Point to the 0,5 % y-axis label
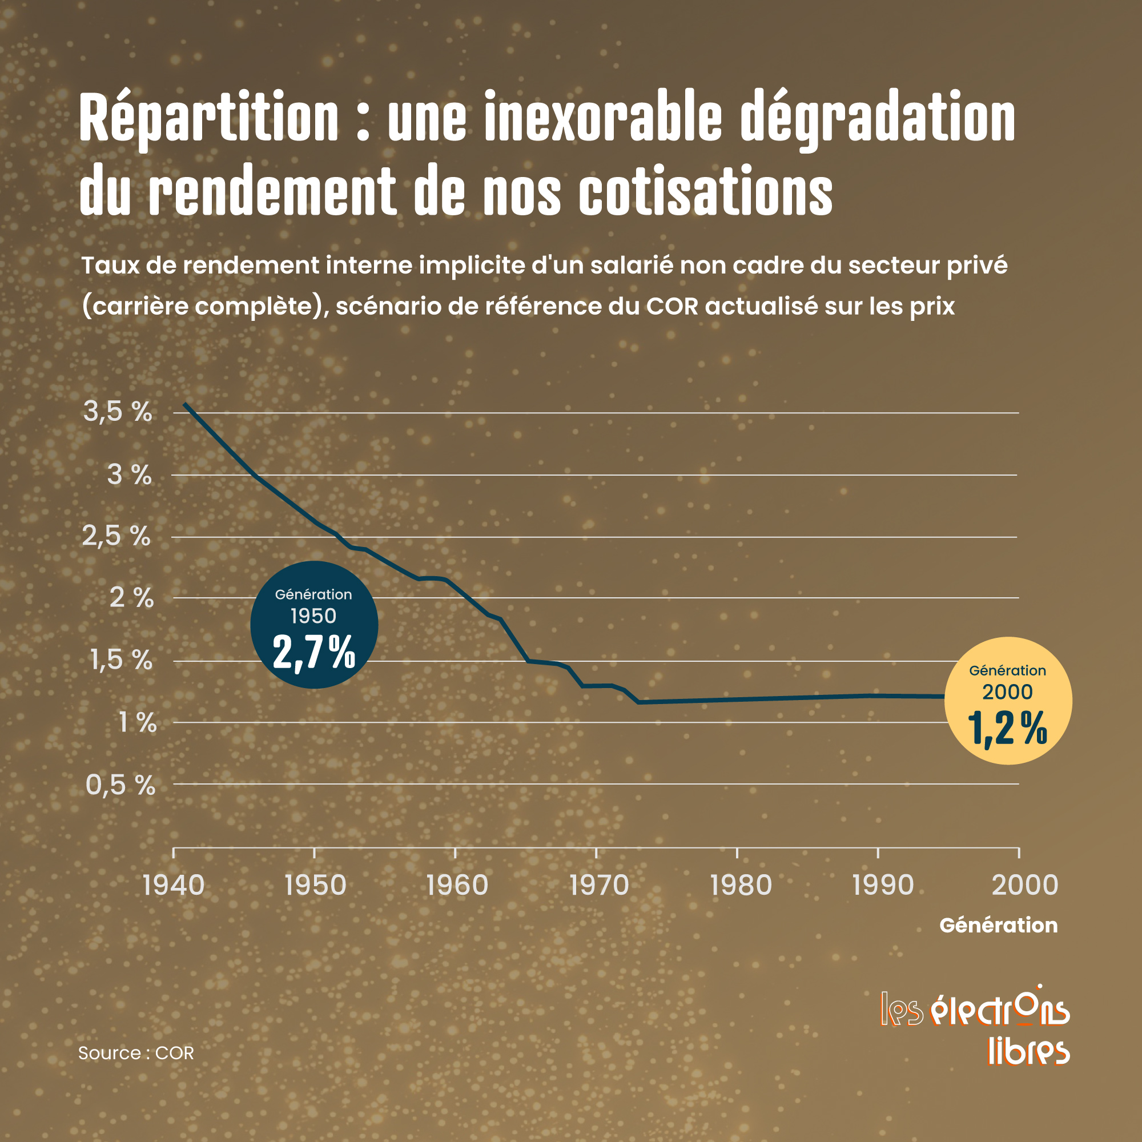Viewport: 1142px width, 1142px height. [x=120, y=785]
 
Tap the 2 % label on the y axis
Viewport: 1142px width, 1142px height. [x=131, y=598]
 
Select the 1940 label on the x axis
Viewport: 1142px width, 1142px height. [x=174, y=885]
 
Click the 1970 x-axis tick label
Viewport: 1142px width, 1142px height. [x=599, y=885]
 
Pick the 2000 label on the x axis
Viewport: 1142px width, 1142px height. [x=1024, y=885]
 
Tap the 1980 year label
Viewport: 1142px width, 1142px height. [x=741, y=885]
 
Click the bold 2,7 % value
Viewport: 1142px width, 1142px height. [x=314, y=653]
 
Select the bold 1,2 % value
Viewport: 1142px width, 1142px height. [x=1008, y=727]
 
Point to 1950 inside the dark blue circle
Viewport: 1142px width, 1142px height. [x=313, y=616]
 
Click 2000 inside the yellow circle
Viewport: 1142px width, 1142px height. [x=1007, y=691]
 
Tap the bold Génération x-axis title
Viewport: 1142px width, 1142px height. [x=998, y=926]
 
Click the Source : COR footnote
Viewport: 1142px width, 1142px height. [x=136, y=1053]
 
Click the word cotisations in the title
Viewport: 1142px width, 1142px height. [x=705, y=191]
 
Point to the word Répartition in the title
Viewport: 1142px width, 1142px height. [x=208, y=118]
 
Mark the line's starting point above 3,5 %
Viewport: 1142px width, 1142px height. [x=185, y=404]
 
